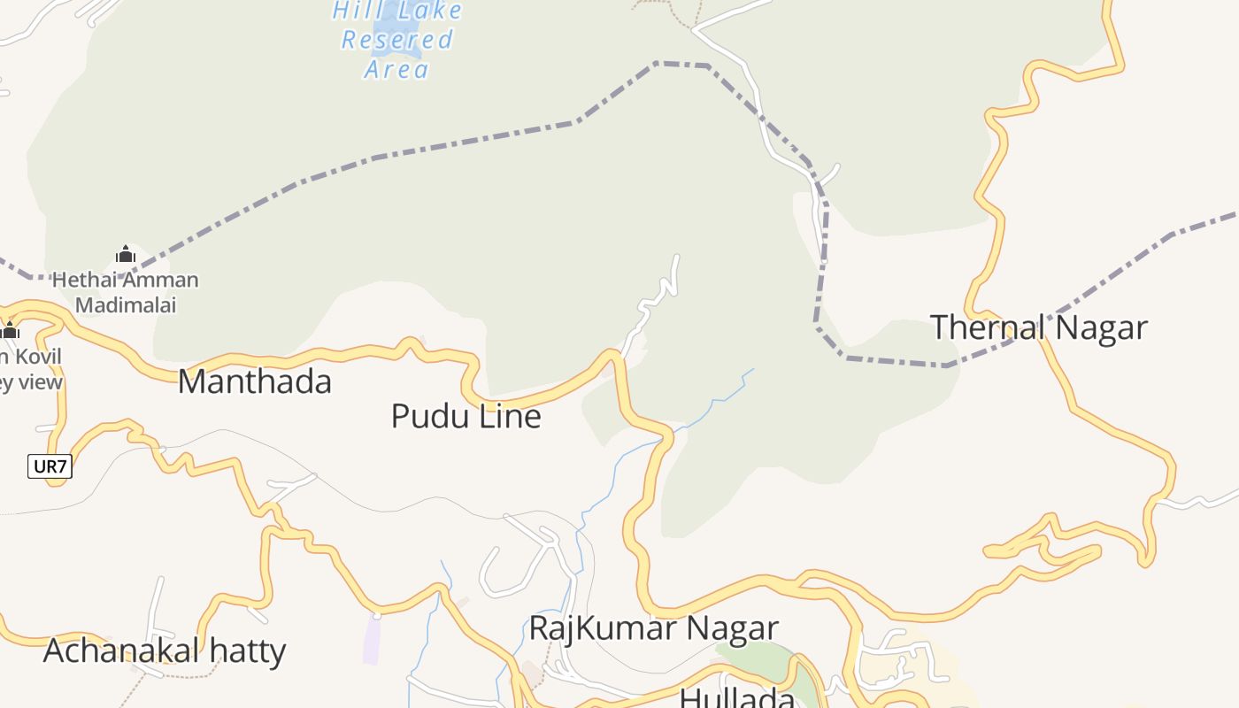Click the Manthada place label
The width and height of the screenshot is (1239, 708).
tap(255, 382)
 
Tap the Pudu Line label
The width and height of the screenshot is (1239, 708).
tap(466, 416)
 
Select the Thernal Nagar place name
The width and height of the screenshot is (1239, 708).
tap(1038, 327)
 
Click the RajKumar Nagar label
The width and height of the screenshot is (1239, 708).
tap(653, 627)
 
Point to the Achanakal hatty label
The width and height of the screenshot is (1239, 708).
tap(165, 650)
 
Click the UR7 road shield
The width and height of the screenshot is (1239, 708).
tap(50, 466)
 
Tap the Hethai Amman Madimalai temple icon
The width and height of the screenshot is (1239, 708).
tap(126, 255)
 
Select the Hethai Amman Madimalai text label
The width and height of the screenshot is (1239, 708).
tap(126, 293)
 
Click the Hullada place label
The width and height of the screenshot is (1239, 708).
tap(736, 697)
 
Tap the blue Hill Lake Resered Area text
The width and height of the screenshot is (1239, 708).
tap(397, 39)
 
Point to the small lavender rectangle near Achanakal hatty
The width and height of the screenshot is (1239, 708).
tap(373, 639)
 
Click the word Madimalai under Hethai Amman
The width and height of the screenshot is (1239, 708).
tap(126, 305)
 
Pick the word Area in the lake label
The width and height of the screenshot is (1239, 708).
tap(396, 69)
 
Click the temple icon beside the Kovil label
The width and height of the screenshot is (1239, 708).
tap(11, 331)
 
